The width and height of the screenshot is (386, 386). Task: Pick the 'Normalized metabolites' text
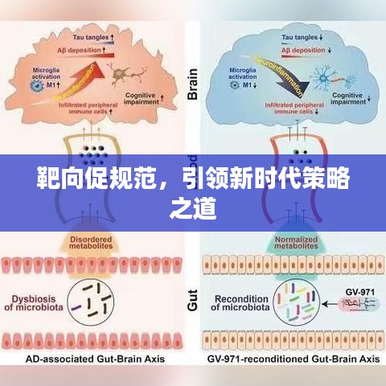(285, 244)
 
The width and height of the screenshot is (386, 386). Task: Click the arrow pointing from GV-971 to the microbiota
(328, 305)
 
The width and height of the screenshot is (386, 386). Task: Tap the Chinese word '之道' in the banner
(193, 208)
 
